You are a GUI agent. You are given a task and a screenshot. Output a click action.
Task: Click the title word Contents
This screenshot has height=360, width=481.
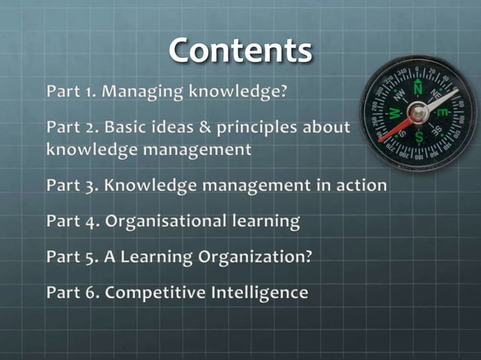(x=240, y=51)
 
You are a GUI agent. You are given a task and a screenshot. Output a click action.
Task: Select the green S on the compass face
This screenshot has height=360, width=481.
(x=420, y=136)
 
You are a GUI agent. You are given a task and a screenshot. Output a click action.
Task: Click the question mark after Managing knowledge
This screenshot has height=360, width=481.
(x=284, y=92)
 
